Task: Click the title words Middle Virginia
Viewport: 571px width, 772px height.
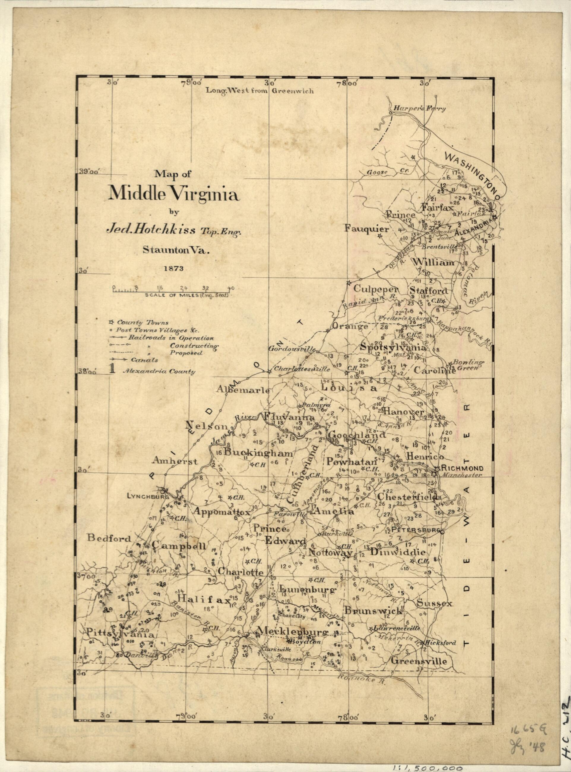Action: click(x=173, y=193)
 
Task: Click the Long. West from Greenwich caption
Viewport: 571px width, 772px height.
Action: click(x=260, y=91)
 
